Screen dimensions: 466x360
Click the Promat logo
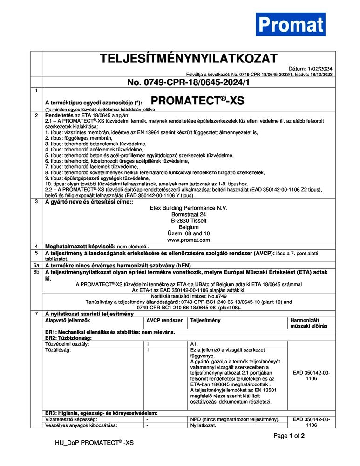tap(291, 24)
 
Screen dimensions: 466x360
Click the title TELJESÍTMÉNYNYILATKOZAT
tap(189, 59)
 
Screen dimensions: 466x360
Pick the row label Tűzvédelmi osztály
tap(67, 344)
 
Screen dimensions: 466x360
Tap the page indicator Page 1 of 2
tap(289, 436)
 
